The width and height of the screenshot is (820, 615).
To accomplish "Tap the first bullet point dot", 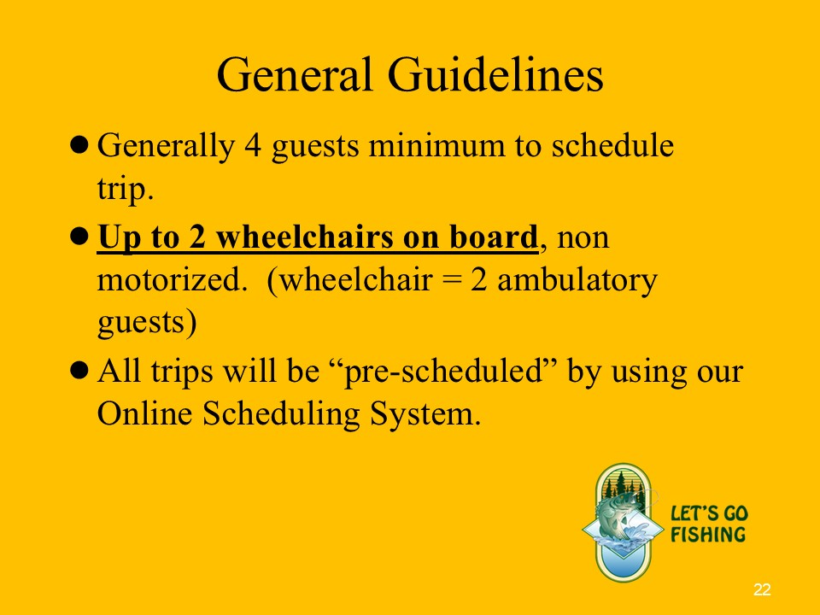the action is click(79, 145).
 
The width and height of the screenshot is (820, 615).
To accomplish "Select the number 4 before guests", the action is click(253, 145).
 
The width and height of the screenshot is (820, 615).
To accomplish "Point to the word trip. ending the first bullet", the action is click(126, 190).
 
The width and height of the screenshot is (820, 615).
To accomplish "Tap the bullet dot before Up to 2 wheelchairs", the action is click(79, 237).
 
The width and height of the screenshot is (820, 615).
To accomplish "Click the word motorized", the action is click(172, 280).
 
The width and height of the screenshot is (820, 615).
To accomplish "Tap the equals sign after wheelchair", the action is click(451, 281).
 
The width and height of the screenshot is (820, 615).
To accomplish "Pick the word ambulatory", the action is click(577, 281).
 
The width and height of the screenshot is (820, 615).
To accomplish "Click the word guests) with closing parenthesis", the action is click(147, 323).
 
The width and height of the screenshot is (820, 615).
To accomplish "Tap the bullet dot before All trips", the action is click(79, 371).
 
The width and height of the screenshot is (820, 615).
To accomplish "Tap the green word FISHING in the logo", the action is click(709, 535).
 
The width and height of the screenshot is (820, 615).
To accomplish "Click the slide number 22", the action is click(762, 589).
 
